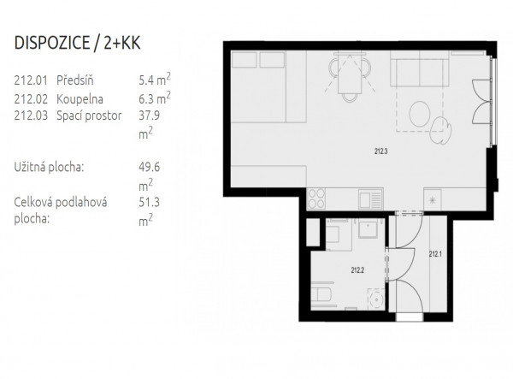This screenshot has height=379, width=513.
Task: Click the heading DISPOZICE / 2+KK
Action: tap(77, 43)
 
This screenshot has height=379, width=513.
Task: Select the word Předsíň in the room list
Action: tap(75, 80)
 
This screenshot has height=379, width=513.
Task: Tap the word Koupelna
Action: tap(80, 99)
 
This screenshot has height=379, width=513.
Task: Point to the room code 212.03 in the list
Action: tap(31, 115)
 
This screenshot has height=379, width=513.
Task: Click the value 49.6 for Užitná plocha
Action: tap(149, 167)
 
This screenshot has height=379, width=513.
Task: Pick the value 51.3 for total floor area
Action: tap(149, 202)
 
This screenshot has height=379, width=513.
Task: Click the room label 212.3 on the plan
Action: tap(380, 151)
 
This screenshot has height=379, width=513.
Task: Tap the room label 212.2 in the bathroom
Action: tap(357, 270)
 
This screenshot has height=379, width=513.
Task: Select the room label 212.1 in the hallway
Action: tap(435, 254)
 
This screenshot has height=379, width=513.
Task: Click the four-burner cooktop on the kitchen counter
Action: tap(316, 198)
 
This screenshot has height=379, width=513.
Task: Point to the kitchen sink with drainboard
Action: tap(371, 199)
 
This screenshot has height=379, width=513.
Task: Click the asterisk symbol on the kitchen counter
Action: tap(432, 200)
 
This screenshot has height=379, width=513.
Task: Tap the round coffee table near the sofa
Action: tap(420, 114)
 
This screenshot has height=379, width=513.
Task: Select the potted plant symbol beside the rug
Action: tap(440, 130)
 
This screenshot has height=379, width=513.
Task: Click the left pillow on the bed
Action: tap(244, 60)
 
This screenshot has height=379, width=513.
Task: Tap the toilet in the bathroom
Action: tap(321, 294)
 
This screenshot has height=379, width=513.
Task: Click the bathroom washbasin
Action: tap(368, 228)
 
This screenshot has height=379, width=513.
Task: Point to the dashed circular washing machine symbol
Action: tap(376, 299)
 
